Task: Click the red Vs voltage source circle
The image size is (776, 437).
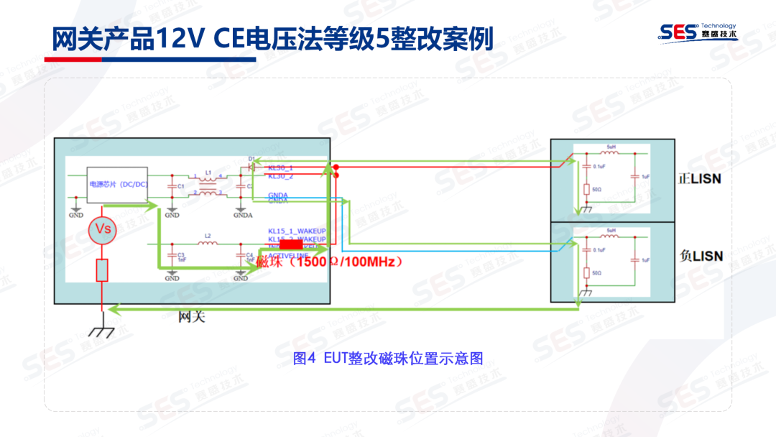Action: tap(103, 229)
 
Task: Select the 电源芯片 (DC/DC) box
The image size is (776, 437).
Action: tap(118, 185)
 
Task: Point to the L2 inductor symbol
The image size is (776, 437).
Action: tap(208, 244)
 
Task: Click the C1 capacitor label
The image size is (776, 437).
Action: tap(182, 186)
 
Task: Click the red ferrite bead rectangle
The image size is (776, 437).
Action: tap(286, 245)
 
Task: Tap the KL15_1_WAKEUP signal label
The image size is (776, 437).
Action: tap(297, 231)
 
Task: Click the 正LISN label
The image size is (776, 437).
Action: tap(700, 178)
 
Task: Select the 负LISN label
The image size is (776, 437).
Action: tap(700, 256)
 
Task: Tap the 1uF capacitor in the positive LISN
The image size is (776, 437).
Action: tap(635, 176)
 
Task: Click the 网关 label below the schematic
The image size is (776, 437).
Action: tap(192, 316)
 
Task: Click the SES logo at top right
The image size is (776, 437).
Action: tap(698, 31)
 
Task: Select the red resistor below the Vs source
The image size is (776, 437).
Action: tap(102, 271)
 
